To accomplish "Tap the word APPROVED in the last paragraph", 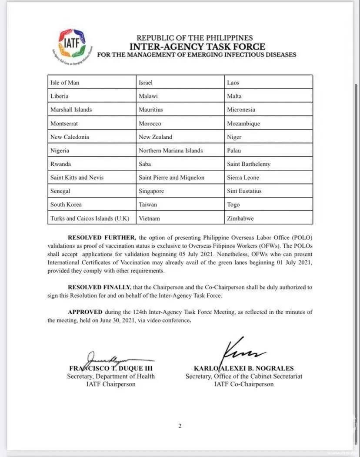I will (x=85, y=312).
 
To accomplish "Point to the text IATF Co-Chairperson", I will (x=244, y=384).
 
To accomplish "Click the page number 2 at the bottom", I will (x=180, y=426).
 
